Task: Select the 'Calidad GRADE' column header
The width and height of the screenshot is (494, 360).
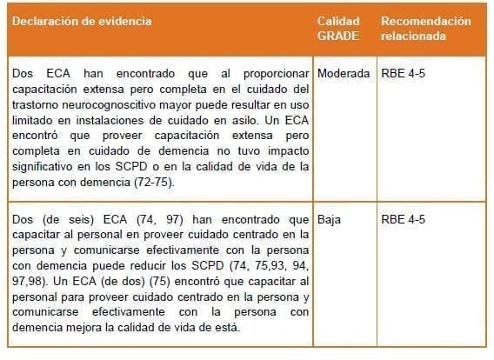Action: click(x=337, y=28)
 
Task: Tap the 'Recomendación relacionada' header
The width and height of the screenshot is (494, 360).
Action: click(x=425, y=28)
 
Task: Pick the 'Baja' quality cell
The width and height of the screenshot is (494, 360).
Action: click(x=330, y=219)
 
